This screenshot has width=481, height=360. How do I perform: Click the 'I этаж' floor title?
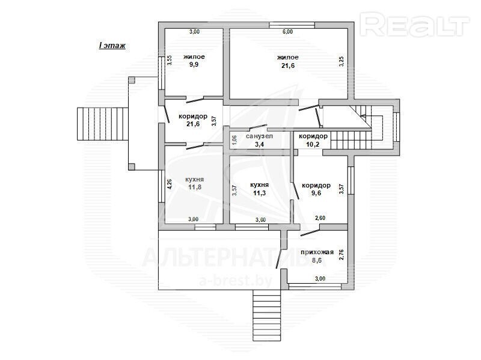coord(112,46)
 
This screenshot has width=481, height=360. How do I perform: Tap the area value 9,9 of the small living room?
coord(194,64)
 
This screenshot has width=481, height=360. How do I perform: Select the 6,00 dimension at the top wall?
coord(287,32)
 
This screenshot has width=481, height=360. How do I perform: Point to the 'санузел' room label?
coord(259,136)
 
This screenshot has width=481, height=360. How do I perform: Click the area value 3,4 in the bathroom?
coord(260,144)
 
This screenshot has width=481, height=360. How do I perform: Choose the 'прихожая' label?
coord(317,252)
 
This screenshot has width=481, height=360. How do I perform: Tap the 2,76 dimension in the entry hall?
coord(341,255)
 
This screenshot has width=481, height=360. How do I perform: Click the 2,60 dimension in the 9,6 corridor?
coord(320,218)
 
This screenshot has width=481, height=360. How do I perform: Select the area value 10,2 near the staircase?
coord(313,144)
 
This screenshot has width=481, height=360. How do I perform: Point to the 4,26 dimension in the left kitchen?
coord(170,184)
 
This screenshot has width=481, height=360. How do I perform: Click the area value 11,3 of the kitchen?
coord(260,193)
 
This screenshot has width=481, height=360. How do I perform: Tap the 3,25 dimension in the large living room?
coord(341,61)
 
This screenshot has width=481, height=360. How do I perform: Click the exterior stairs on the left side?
coord(102,124)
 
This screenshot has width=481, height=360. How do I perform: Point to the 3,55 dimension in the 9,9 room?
coord(170,61)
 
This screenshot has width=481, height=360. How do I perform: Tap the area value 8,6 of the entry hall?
coord(317,260)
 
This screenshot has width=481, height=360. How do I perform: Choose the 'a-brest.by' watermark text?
coord(235,280)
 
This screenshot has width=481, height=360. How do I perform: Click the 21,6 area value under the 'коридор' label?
coord(193,124)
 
